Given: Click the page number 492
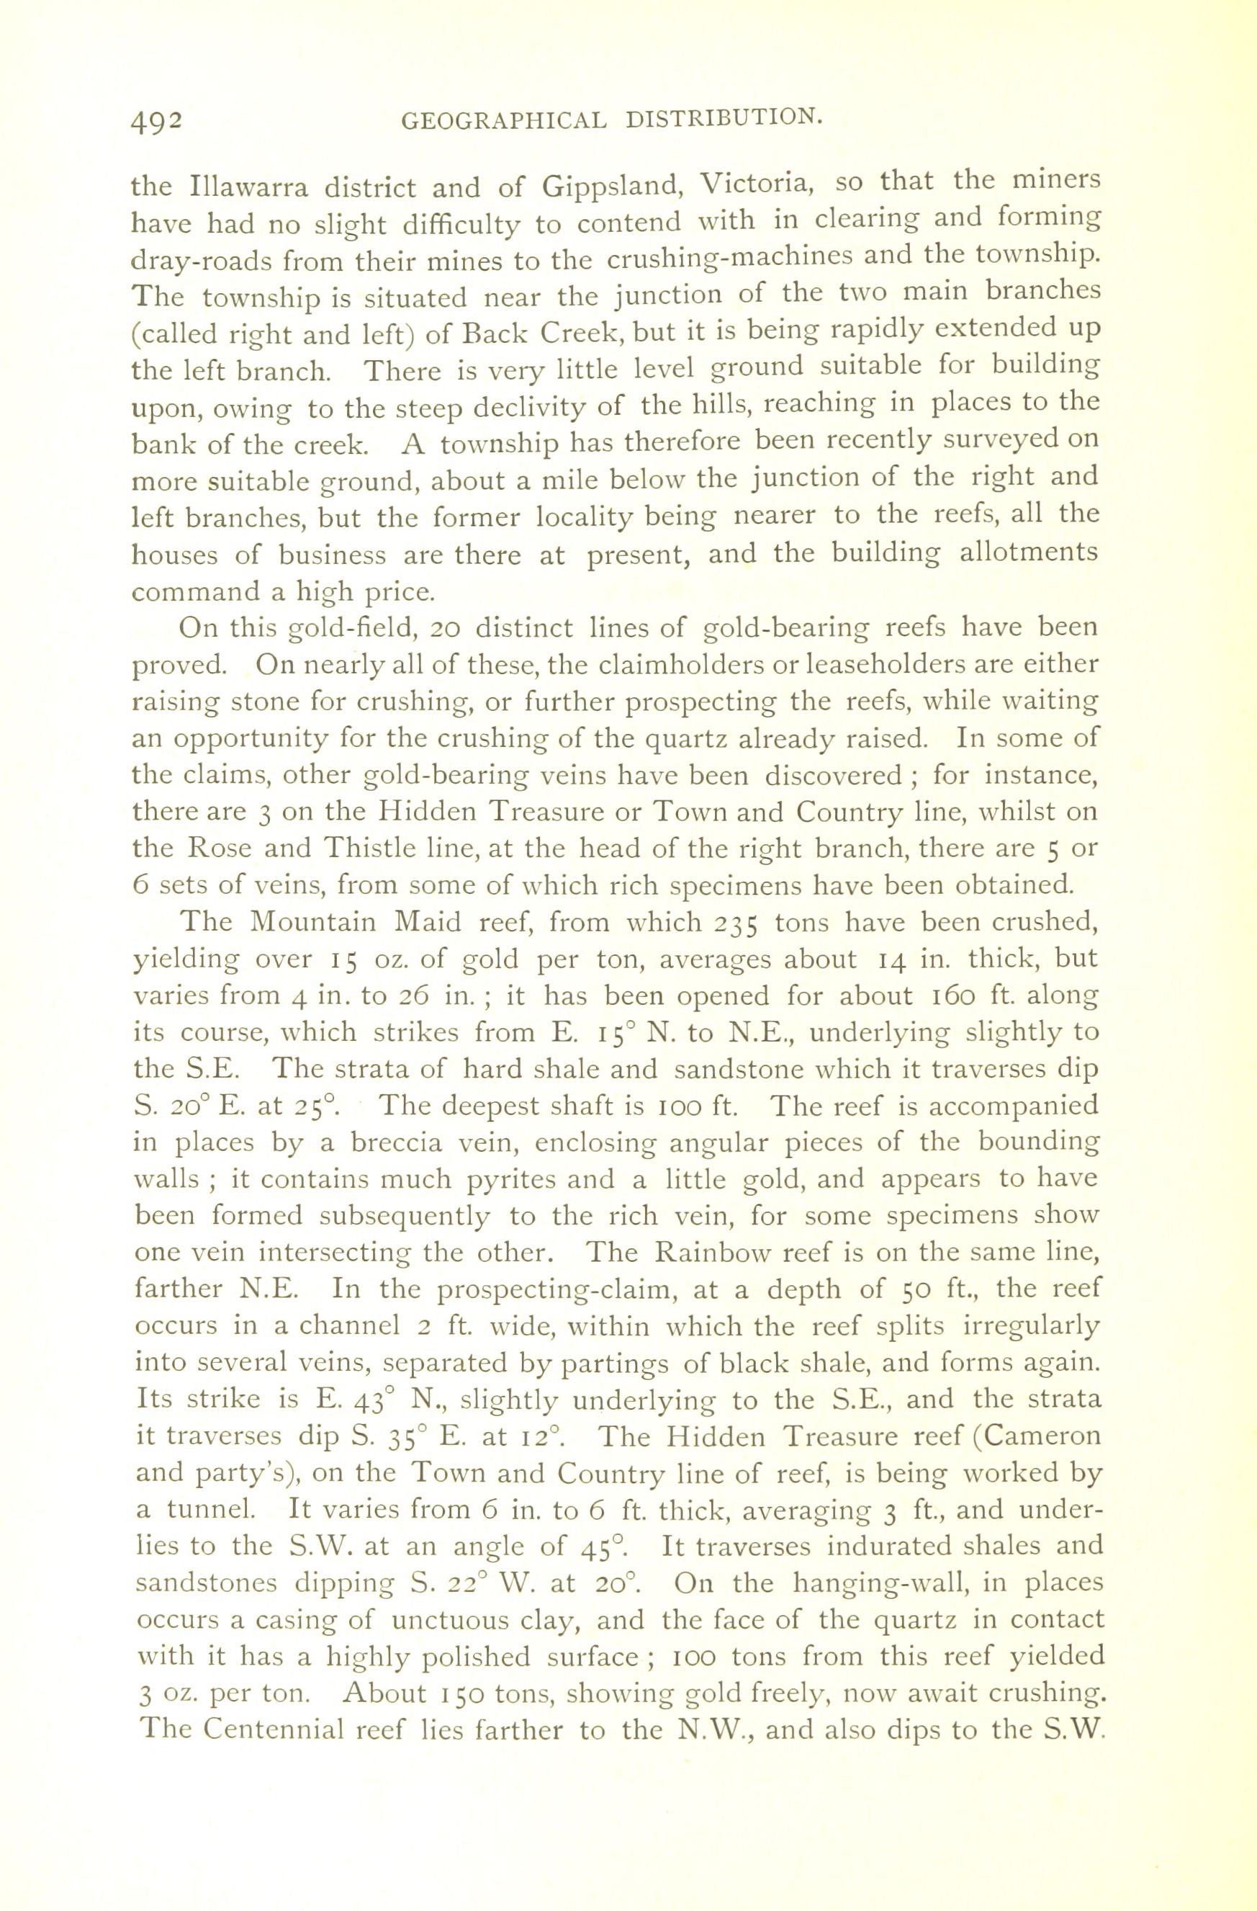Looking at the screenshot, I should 158,120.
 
